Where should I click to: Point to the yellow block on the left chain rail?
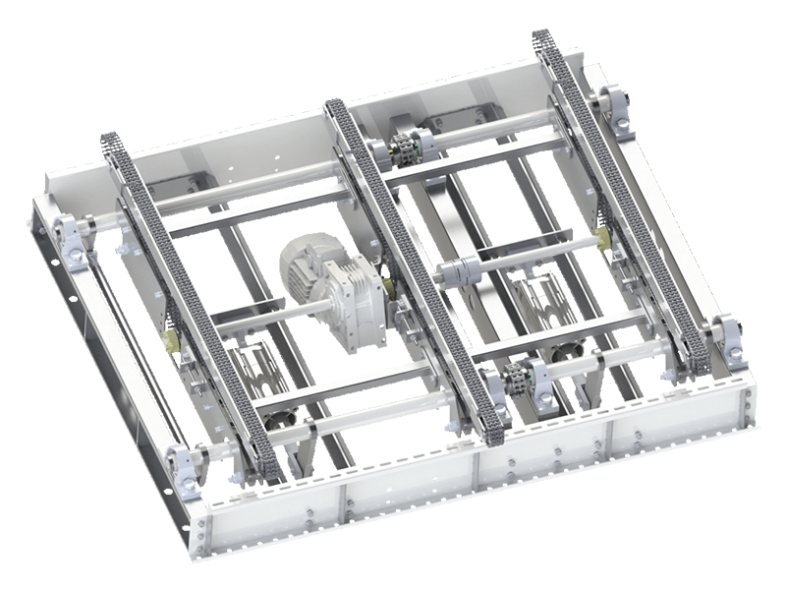(x=170, y=339)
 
